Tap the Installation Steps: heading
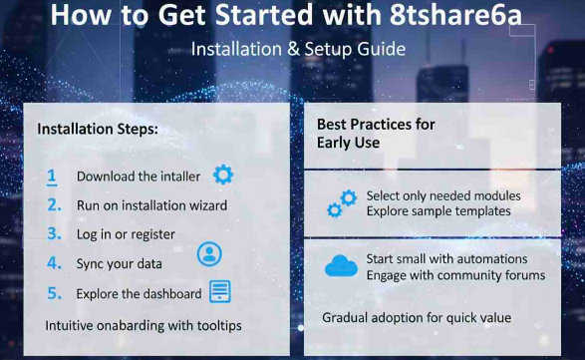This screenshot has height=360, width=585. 98,129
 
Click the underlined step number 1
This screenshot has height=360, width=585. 52,177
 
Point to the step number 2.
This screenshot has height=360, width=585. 53,205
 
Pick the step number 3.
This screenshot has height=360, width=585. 53,234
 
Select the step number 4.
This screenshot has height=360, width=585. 53,264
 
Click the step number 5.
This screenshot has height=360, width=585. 53,293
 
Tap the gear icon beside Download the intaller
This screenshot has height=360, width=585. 223,176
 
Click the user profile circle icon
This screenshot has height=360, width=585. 209,253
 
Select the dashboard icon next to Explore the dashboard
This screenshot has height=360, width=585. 219,292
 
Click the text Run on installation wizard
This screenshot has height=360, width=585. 151,206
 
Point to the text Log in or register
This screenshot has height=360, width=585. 126,235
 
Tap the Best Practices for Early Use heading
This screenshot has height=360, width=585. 378,134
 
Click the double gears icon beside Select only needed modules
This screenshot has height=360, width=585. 341,203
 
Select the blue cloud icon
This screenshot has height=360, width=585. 341,266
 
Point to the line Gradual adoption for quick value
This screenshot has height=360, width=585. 417,318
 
